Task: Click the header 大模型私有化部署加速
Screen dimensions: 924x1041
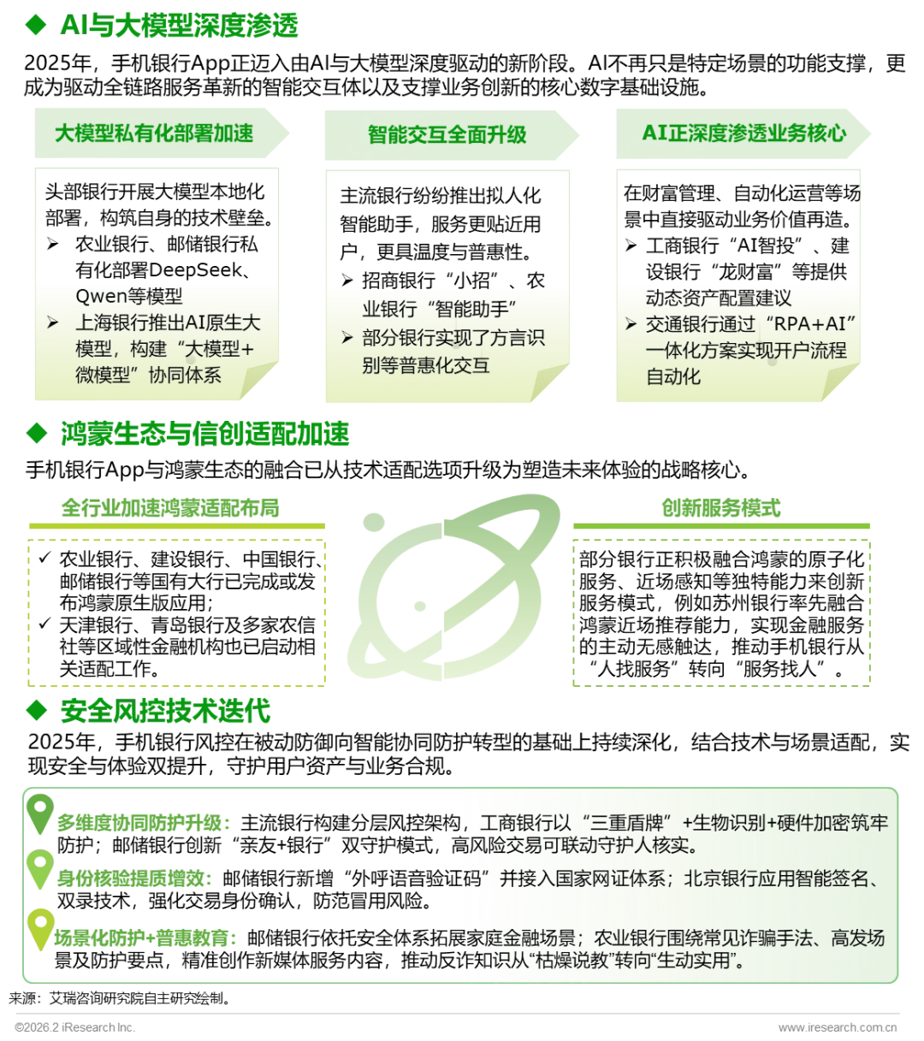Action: [x=154, y=133]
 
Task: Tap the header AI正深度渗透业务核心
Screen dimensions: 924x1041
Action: [x=743, y=133]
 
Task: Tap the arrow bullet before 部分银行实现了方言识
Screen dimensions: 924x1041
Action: [x=347, y=338]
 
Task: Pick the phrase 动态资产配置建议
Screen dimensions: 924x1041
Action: [x=718, y=298]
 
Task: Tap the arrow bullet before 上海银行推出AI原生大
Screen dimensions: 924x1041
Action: [x=53, y=323]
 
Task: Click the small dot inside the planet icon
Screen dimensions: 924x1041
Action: [x=419, y=606]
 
